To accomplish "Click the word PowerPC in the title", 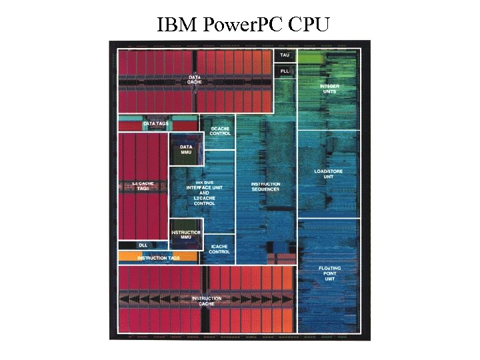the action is [243, 25].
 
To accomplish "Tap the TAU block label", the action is [285, 55].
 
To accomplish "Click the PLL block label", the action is [285, 71].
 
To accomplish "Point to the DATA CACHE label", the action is [195, 81].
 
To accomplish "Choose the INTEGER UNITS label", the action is [329, 89].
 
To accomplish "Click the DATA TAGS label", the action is [156, 124].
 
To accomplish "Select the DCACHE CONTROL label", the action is [220, 131].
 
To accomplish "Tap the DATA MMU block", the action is [186, 149].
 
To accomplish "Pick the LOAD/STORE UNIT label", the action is [329, 174].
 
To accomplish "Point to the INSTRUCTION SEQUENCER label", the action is [265, 187].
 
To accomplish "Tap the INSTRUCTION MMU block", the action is [186, 235].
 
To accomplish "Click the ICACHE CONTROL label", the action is [219, 249].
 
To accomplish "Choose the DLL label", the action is [143, 245].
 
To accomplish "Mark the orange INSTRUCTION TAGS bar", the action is [158, 257].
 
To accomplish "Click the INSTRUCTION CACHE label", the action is [207, 301].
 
